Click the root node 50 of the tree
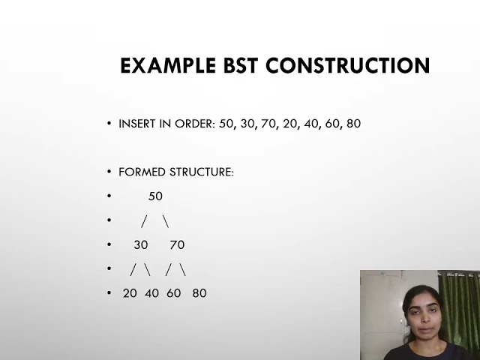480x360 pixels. coord(155,196)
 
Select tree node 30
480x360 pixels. coord(141,244)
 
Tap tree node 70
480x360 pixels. coord(177,244)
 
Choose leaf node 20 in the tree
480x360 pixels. coord(130,293)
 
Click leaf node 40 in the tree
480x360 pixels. coord(151,293)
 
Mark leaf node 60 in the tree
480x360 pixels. coord(174,293)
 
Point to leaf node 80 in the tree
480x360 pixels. coord(199,293)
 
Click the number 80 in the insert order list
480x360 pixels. coord(352,123)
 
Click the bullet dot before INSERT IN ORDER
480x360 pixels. coord(109,123)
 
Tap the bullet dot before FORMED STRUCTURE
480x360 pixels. coord(109,172)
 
